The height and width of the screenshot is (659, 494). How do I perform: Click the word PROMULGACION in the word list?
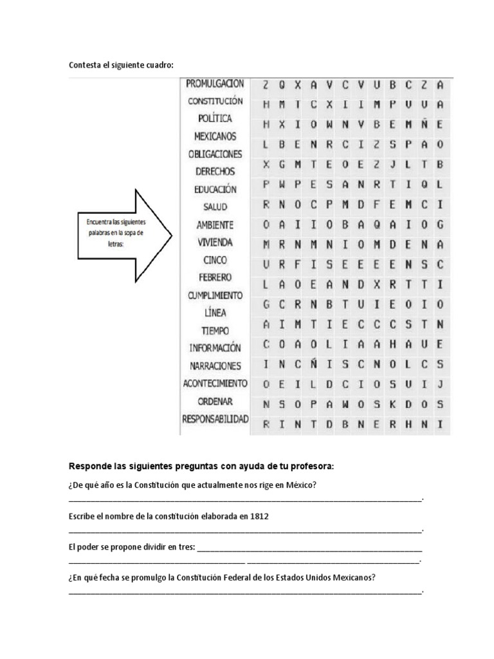click(x=215, y=83)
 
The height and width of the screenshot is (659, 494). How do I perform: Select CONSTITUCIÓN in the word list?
click(x=215, y=101)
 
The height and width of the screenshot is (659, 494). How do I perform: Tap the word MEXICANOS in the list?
click(x=215, y=136)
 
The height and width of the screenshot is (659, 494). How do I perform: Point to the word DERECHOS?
click(x=215, y=172)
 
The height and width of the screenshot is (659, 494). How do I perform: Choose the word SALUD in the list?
click(x=215, y=207)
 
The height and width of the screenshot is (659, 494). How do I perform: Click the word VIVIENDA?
click(x=215, y=243)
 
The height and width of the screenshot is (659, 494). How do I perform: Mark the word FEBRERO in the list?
click(x=215, y=277)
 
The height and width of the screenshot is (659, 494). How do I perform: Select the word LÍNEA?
click(x=215, y=313)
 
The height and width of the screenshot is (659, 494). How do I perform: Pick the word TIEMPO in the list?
click(x=215, y=330)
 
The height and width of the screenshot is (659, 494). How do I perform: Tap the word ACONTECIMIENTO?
click(x=215, y=384)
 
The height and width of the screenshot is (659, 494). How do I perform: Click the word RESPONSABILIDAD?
click(x=215, y=419)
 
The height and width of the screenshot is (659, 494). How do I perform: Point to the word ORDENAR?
click(x=215, y=401)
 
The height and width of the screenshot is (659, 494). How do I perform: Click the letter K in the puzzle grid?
click(x=392, y=404)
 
